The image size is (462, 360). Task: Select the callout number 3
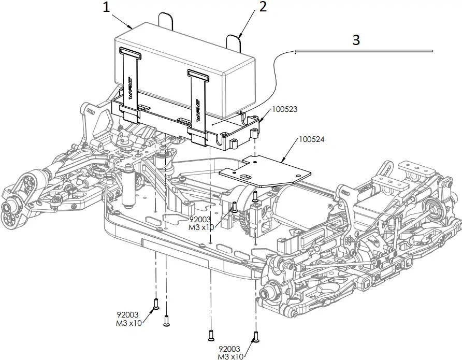(x=355, y=40)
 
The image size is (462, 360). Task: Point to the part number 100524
(x=311, y=140)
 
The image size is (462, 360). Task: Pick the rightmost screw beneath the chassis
(x=255, y=336)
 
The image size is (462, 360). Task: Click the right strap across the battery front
(x=197, y=98)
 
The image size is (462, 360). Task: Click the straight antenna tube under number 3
(x=363, y=51)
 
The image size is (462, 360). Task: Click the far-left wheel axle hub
(x=8, y=208)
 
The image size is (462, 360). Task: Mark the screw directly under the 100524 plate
(x=255, y=196)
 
